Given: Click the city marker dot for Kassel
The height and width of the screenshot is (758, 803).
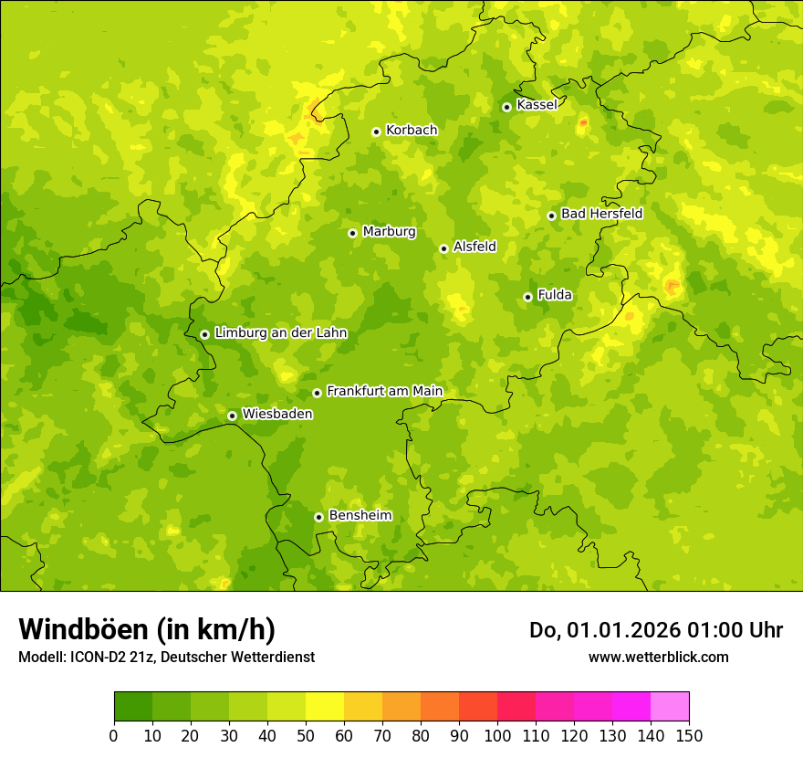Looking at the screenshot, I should [506, 107].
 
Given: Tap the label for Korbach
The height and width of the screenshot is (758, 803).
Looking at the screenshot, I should [412, 131].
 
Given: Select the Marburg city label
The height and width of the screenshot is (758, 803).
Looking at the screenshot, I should [389, 232].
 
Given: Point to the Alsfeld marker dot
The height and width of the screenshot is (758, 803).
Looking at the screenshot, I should [443, 248].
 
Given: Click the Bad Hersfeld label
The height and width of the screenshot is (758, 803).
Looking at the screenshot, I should [601, 214].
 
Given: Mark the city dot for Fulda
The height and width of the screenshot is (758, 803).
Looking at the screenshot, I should [527, 297].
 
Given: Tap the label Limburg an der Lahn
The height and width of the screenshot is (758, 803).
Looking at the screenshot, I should [280, 333].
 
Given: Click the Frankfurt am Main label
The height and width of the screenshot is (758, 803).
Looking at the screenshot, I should [384, 392].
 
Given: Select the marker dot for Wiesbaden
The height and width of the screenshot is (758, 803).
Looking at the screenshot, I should [232, 416].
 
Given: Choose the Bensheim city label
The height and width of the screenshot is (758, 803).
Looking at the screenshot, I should [360, 516].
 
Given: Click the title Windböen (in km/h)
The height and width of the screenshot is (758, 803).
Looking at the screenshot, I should [147, 629].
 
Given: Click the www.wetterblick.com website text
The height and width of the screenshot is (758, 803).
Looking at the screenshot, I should [658, 657].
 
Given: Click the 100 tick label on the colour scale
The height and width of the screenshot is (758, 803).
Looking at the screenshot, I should [497, 735].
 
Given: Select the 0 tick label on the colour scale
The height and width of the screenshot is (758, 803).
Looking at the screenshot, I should [114, 735].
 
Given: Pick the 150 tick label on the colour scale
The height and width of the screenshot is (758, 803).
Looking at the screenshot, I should [689, 735].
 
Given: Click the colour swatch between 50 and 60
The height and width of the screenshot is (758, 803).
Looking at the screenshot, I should [325, 707].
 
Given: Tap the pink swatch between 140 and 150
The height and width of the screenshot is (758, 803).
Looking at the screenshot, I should [670, 707].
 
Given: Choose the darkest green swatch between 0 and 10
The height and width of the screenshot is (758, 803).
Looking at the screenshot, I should [133, 707].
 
